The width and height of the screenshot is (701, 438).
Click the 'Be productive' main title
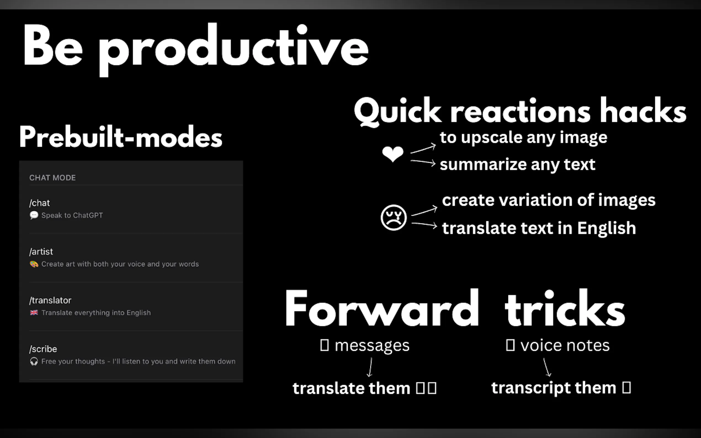(196, 49)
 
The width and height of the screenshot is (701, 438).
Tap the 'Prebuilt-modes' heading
(121, 137)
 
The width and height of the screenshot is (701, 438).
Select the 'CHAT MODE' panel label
(52, 178)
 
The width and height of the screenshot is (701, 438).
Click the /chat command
(39, 203)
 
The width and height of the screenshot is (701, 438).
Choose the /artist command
(41, 252)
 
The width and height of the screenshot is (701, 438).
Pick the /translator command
(50, 300)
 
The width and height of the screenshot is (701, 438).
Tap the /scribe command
(43, 349)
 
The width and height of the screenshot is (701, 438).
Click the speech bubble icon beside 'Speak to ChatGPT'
(34, 215)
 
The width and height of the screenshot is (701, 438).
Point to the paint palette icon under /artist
(34, 264)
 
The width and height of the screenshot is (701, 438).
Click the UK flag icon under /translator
(34, 313)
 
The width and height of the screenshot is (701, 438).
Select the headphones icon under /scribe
(34, 361)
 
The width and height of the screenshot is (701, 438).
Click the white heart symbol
(393, 154)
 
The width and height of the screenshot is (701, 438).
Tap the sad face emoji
(394, 218)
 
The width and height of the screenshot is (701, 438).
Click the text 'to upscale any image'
(523, 137)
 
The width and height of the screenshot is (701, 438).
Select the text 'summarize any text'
(517, 165)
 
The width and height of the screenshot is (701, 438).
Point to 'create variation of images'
(549, 200)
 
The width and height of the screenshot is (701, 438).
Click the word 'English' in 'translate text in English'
(607, 228)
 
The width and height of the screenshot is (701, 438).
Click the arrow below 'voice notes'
(547, 367)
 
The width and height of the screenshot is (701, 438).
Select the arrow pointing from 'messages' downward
(370, 367)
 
